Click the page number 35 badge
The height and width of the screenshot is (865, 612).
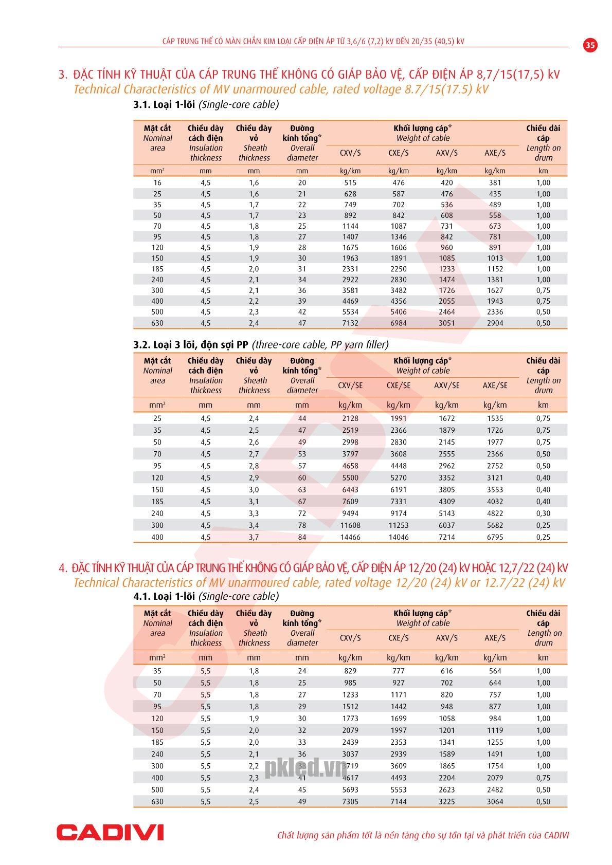click(590, 45)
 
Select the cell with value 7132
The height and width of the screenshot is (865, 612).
click(350, 323)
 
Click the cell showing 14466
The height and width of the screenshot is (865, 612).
click(350, 537)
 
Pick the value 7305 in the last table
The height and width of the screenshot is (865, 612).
click(350, 801)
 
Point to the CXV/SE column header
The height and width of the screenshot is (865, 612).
click(350, 385)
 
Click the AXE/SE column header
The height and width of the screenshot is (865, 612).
click(495, 385)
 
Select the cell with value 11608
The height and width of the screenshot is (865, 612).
click(350, 525)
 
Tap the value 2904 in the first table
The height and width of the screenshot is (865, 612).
click(495, 323)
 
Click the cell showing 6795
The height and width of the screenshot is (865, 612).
click(495, 537)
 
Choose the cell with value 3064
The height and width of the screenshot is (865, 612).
click(495, 801)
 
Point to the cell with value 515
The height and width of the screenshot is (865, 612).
click(350, 183)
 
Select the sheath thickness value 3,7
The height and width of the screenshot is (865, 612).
click(254, 537)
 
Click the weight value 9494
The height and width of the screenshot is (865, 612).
click(350, 513)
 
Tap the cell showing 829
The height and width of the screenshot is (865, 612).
click(350, 671)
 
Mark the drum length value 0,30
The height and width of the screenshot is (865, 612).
click(543, 513)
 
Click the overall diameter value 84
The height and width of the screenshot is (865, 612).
click(302, 537)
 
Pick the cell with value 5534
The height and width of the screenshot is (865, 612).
click(350, 312)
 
